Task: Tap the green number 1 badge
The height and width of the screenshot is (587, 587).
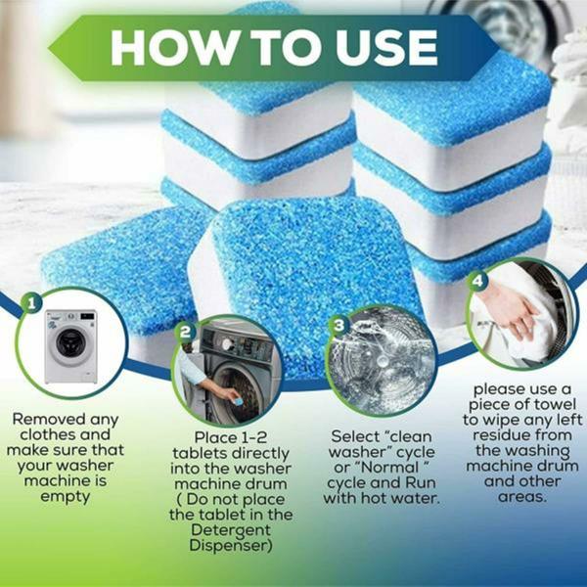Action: click(x=33, y=304)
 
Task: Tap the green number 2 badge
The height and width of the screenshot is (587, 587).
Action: click(x=186, y=333)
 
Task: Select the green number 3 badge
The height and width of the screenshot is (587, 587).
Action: click(x=339, y=324)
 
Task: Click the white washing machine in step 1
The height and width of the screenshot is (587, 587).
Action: click(x=69, y=347)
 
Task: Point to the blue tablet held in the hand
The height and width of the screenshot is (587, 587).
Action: click(x=233, y=395)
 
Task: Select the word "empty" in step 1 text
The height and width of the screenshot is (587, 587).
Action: click(x=67, y=496)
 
